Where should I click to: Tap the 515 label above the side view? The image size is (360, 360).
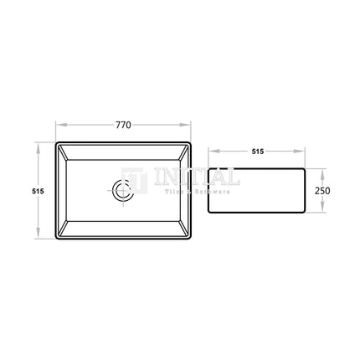[x=257, y=152]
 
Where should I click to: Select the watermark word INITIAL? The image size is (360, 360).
[x=198, y=179]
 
